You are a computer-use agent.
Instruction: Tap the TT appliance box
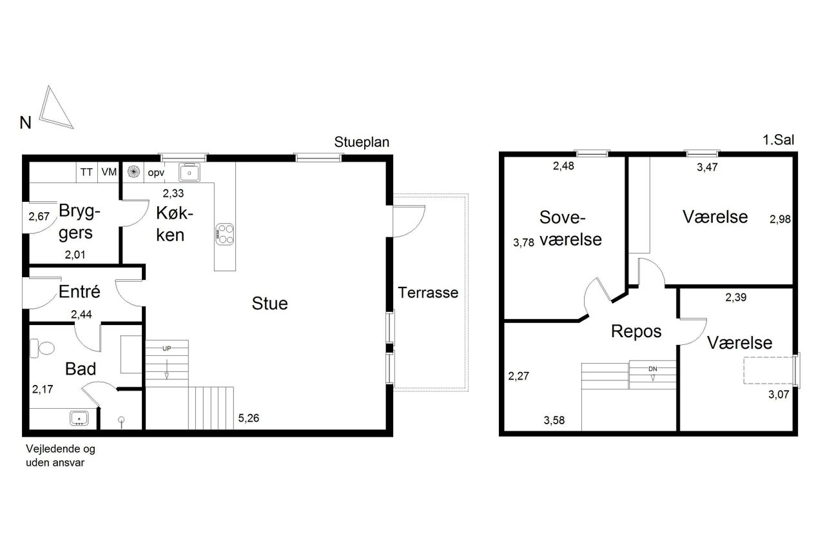(x=87, y=172)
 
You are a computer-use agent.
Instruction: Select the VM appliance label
(x=109, y=172)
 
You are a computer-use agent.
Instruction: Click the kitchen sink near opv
(x=189, y=172)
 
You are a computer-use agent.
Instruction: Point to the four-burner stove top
(x=225, y=234)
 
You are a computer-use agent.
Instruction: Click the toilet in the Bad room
(x=42, y=348)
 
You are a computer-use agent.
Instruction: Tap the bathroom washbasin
(x=79, y=418)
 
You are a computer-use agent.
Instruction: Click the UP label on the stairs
(x=166, y=348)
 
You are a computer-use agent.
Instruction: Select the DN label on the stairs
(x=652, y=369)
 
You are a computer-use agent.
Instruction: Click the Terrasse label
(x=428, y=293)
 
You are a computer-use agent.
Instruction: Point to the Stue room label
(x=269, y=304)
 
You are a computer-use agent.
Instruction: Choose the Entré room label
(x=79, y=291)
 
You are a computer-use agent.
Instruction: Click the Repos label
(x=636, y=331)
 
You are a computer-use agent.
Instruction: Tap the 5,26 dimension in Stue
(x=249, y=418)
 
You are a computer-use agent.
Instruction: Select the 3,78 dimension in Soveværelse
(x=523, y=242)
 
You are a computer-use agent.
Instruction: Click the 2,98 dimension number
(x=780, y=219)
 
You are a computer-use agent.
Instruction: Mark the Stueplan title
(x=362, y=142)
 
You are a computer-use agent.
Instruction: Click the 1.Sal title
(x=778, y=140)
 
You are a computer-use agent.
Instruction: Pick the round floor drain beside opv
(x=133, y=172)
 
